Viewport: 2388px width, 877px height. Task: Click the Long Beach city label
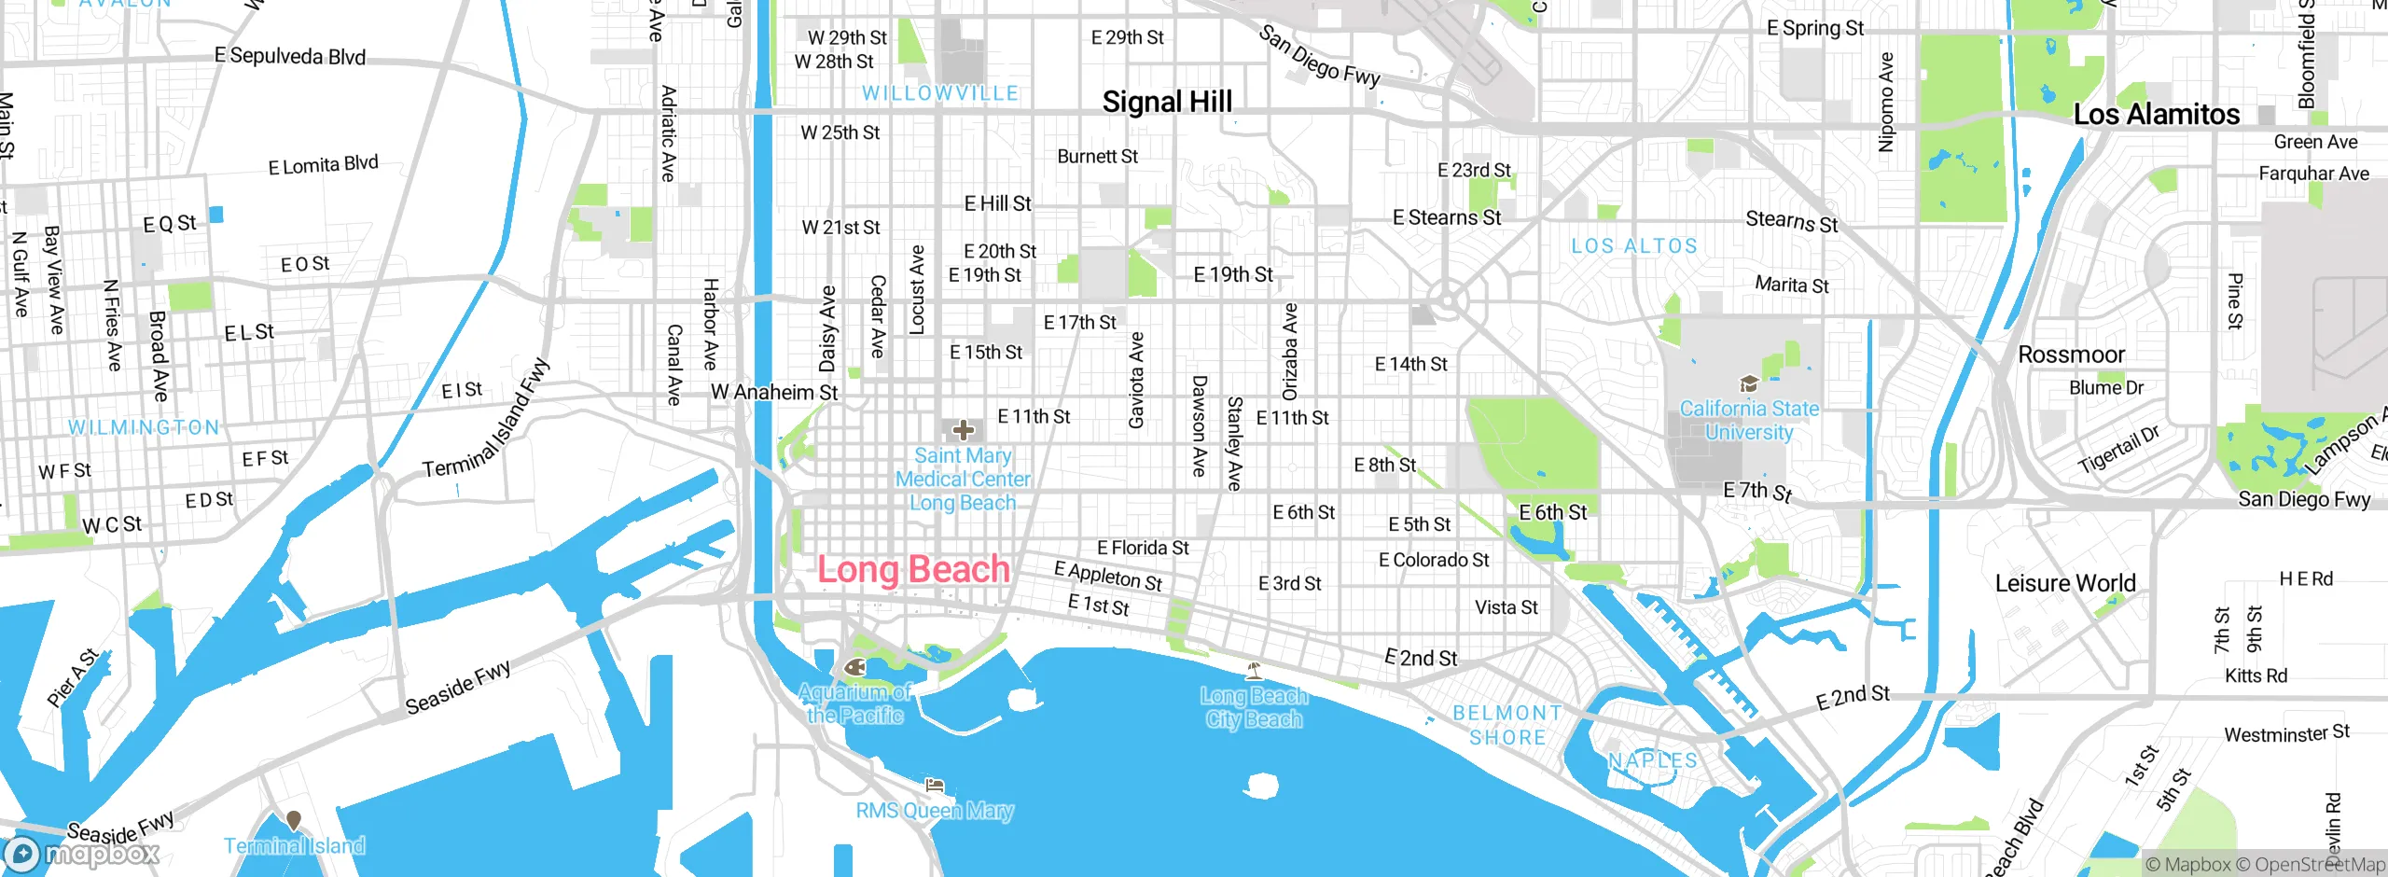click(x=913, y=569)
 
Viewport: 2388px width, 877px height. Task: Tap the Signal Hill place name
click(x=1167, y=102)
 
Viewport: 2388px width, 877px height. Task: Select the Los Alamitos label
click(x=2155, y=115)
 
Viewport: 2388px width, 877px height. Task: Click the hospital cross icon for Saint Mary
click(x=964, y=430)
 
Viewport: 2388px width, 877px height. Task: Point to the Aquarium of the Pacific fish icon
click(x=854, y=667)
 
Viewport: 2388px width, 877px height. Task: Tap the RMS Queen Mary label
click(x=935, y=810)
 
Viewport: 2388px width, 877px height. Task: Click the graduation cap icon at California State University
click(x=1749, y=384)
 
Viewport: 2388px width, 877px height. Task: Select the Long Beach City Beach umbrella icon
click(x=1255, y=670)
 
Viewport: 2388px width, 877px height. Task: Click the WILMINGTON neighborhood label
click(x=144, y=427)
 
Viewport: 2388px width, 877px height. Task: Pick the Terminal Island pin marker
click(x=294, y=820)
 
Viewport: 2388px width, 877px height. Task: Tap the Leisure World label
click(x=2065, y=584)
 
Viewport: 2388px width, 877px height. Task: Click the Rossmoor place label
click(x=2071, y=355)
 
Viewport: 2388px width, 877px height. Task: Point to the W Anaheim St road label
click(x=774, y=392)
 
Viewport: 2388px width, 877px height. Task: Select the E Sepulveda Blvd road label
click(x=290, y=56)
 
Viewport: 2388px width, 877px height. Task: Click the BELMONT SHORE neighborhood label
click(x=1507, y=725)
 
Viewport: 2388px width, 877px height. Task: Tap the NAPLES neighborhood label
click(x=1653, y=760)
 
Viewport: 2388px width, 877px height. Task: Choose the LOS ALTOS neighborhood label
click(x=1634, y=246)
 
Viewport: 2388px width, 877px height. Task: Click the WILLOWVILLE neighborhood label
click(x=940, y=93)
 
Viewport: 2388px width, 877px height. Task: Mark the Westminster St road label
click(x=2286, y=734)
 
